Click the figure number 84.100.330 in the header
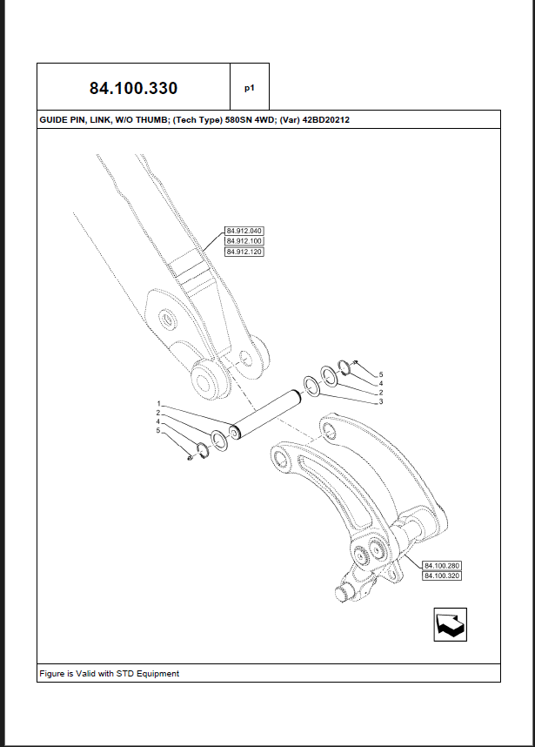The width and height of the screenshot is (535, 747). [x=133, y=88]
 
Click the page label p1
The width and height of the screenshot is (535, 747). [x=250, y=88]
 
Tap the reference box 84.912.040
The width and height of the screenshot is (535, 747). [x=244, y=231]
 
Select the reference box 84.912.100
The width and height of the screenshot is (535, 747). [x=244, y=241]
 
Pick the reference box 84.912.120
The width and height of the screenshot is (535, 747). [x=244, y=252]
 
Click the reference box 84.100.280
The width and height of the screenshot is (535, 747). [x=442, y=566]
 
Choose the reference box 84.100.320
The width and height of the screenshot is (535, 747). [x=442, y=576]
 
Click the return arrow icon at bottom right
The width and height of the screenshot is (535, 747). [x=451, y=624]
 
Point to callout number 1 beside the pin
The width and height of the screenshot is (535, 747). [x=158, y=404]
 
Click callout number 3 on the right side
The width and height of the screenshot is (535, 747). [x=381, y=401]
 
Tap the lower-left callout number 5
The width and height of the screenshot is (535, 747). [x=158, y=431]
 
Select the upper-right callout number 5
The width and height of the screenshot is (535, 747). [x=381, y=375]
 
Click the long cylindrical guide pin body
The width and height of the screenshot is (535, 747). [x=265, y=414]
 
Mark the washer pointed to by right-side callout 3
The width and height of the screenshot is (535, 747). [x=311, y=386]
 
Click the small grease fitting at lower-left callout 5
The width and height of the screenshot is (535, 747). [x=190, y=458]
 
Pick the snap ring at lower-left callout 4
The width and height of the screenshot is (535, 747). [x=203, y=451]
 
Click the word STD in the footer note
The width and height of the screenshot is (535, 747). [x=125, y=674]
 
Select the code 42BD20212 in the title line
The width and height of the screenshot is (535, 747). [x=326, y=120]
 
